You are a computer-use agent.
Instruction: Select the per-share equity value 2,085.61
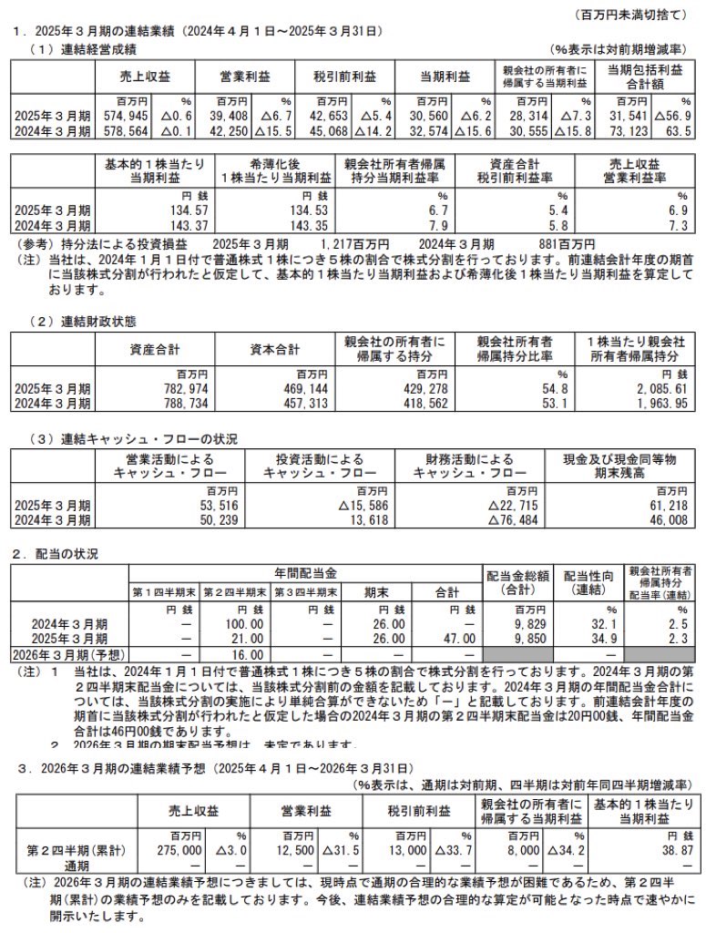(x=653, y=388)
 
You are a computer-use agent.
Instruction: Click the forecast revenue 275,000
(x=179, y=849)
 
